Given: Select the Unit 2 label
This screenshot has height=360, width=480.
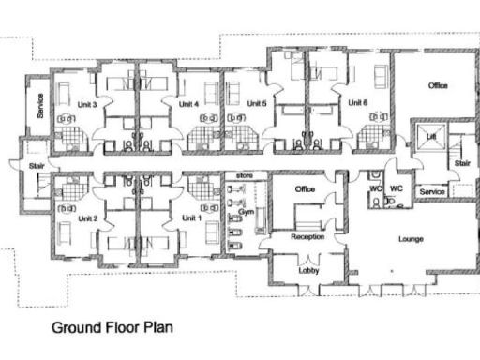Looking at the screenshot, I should point(89,218).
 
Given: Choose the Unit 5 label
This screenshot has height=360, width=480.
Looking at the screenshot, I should point(258,103).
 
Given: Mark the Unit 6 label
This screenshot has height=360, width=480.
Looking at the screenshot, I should point(357,103).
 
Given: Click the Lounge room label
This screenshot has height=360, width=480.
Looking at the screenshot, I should point(412,239).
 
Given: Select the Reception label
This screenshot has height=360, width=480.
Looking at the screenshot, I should point(307,237).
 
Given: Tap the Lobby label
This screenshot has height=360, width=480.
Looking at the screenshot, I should point(308,269).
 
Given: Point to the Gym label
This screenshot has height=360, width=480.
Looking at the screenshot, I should point(246,213).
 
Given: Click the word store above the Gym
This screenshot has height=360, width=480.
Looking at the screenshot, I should point(246,175).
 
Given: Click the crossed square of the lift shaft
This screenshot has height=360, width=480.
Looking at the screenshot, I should point(430,129).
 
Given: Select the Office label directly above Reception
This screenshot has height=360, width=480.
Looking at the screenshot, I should point(305,190).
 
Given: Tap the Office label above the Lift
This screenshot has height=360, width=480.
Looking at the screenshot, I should point(438,86).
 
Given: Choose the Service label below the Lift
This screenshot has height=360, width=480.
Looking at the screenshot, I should point(432,191).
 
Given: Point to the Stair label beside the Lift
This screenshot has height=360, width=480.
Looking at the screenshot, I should point(462,162).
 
